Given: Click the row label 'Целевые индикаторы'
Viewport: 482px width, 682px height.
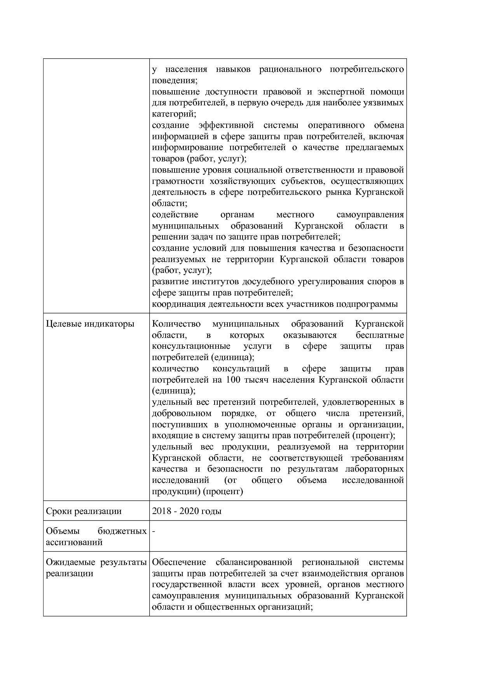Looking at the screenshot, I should [90, 324].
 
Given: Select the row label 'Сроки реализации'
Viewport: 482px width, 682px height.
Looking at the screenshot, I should [84, 511].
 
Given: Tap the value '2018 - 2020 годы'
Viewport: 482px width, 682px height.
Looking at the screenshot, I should [187, 511].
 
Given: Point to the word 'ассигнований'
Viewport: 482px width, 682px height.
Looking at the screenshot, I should [74, 542].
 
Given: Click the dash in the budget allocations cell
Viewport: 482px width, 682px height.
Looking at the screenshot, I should [154, 531].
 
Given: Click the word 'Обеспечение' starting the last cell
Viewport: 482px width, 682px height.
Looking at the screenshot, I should [178, 562].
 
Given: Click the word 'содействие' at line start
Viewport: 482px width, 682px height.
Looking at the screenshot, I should [175, 215].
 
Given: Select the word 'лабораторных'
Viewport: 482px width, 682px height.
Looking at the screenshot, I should [374, 469].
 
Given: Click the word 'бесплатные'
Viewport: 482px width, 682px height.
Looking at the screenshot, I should [379, 335].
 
